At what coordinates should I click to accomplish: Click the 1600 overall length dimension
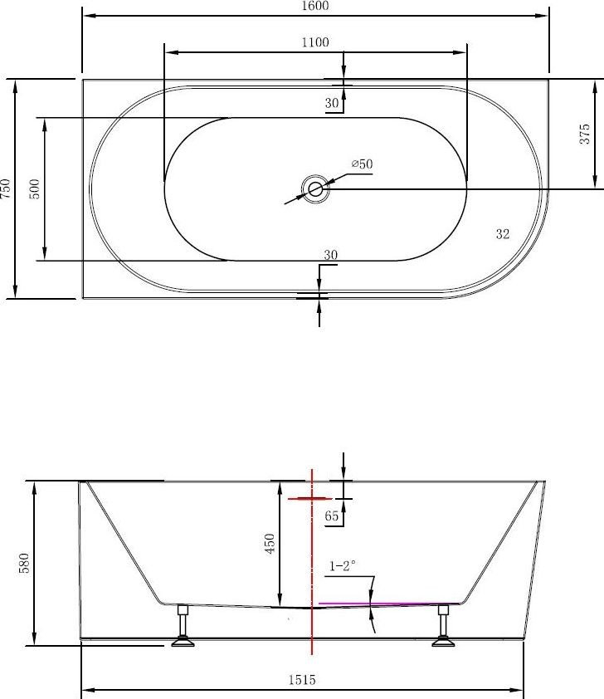pos(315,6)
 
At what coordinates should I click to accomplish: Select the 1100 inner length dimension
pos(315,42)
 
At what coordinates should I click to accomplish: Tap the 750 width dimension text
pos(5,188)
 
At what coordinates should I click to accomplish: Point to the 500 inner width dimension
pos(35,188)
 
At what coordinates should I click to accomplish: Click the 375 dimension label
pos(584,134)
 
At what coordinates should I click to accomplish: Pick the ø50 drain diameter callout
pos(362,164)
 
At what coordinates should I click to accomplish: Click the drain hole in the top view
pos(315,189)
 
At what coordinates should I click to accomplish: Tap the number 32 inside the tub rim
pos(503,233)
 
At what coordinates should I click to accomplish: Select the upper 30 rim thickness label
pos(332,103)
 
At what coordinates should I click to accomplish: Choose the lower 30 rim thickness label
pos(330,255)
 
